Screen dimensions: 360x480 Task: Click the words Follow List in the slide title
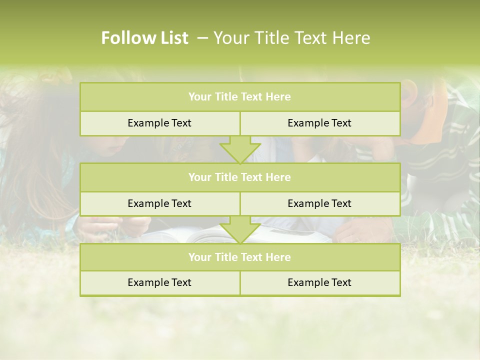[x=145, y=38]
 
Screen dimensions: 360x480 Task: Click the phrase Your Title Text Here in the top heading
[x=292, y=38]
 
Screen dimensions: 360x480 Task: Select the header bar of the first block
[x=240, y=97]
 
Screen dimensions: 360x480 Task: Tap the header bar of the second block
[x=240, y=177]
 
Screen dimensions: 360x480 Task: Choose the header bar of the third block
[x=240, y=257]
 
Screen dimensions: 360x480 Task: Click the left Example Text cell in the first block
[x=159, y=123]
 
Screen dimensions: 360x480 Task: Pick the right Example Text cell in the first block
[x=319, y=123]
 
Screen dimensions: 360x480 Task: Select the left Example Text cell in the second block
[x=159, y=203]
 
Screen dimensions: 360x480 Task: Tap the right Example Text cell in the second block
[x=319, y=203]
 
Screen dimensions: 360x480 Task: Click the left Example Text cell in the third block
[x=159, y=282]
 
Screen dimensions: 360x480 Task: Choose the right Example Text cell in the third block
[x=319, y=282]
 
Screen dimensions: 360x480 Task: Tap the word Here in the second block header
[x=278, y=177]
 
